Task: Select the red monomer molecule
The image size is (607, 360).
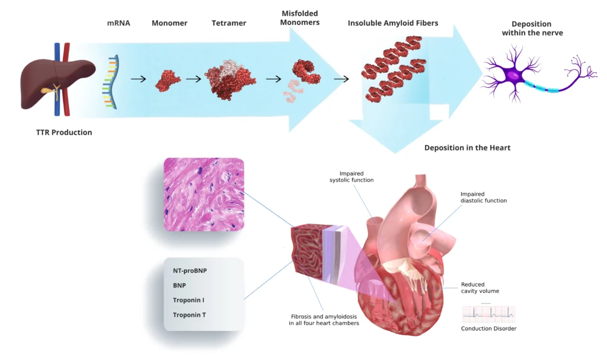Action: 167,79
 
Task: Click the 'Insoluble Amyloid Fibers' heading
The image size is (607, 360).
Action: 393,23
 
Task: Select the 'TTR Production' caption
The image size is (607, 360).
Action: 64,132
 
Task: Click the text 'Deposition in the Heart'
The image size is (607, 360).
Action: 467,148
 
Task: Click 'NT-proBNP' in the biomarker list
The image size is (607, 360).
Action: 190,270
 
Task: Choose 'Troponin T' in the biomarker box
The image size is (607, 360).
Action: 189,315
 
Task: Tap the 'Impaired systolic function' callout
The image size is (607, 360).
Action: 352,176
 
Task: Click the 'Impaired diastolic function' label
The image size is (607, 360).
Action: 484,197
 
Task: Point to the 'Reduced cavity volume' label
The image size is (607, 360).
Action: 480,288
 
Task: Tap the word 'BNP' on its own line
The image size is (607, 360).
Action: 180,285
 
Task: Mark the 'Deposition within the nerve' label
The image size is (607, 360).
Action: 532,28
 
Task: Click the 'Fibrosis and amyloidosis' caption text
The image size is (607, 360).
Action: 324,320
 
